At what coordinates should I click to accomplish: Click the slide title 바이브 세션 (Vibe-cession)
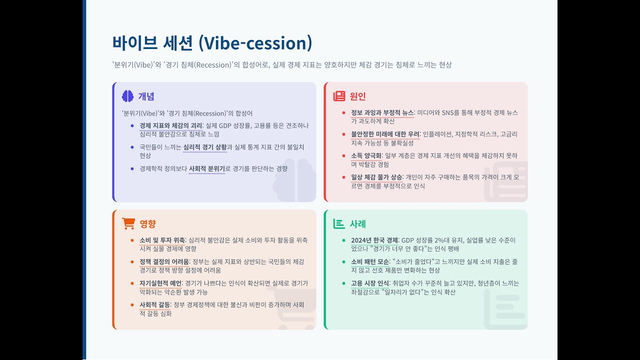click(x=212, y=43)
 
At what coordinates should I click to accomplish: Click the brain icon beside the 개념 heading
click(x=127, y=96)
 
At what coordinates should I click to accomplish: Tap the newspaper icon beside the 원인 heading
click(x=339, y=96)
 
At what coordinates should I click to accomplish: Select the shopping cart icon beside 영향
click(x=128, y=223)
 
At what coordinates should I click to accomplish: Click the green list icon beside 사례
click(x=339, y=223)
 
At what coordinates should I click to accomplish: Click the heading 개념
click(x=146, y=96)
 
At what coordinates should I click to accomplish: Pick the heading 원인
click(x=358, y=96)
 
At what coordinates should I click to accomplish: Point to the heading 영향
click(x=148, y=224)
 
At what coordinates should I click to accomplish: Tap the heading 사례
click(x=358, y=224)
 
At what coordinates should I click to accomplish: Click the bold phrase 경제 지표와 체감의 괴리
click(x=170, y=125)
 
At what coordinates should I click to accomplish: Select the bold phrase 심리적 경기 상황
click(x=205, y=147)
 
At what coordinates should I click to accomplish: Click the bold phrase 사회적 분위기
click(x=206, y=169)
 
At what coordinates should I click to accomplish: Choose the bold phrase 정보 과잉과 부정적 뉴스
click(x=382, y=113)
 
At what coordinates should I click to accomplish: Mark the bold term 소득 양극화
click(x=366, y=156)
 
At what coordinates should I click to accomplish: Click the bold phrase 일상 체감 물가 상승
click(x=376, y=177)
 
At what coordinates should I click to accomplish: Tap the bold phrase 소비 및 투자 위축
click(x=162, y=240)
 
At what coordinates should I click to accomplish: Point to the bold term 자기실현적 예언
click(x=160, y=283)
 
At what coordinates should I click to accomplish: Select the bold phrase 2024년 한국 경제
click(x=374, y=240)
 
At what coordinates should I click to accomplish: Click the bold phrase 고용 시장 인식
click(x=370, y=283)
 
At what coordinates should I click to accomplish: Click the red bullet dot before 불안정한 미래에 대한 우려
click(x=343, y=134)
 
